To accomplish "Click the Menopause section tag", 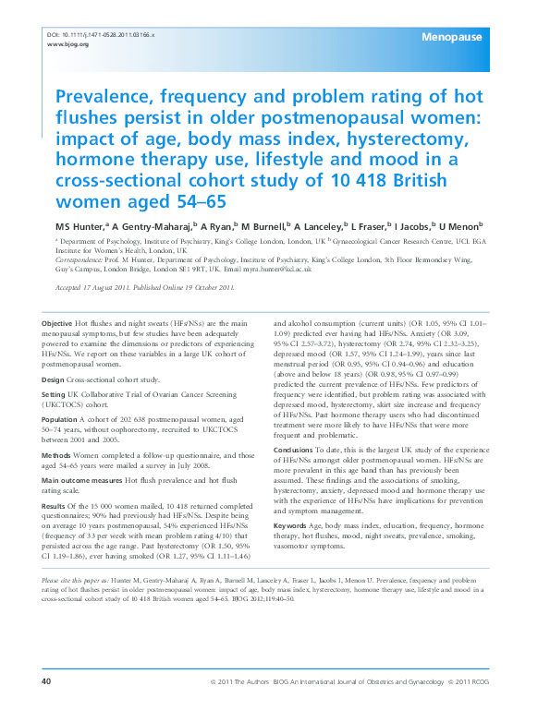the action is (x=450, y=37).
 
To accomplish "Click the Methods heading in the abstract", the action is (x=57, y=456).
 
